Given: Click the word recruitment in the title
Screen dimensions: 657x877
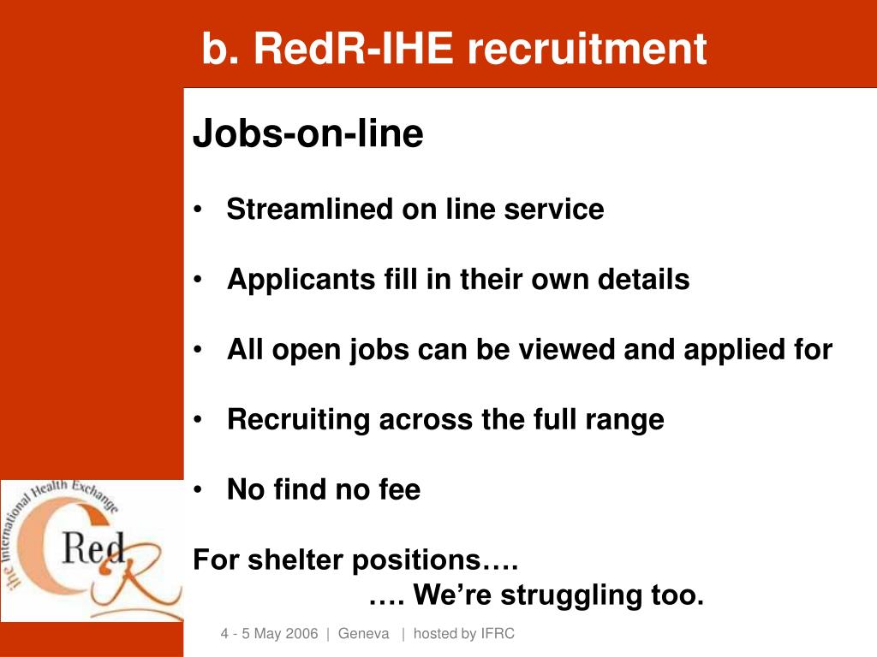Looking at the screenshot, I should [x=587, y=49].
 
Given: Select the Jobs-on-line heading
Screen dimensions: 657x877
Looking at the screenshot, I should [x=308, y=134].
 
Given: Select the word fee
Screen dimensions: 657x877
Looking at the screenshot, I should [x=399, y=490].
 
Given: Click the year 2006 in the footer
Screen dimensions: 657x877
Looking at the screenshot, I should [x=301, y=634].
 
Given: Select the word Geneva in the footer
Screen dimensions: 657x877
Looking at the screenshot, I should [x=364, y=634].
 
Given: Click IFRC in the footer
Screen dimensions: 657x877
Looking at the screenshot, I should [x=498, y=634].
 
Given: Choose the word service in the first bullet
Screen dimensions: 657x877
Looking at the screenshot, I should [x=561, y=210].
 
